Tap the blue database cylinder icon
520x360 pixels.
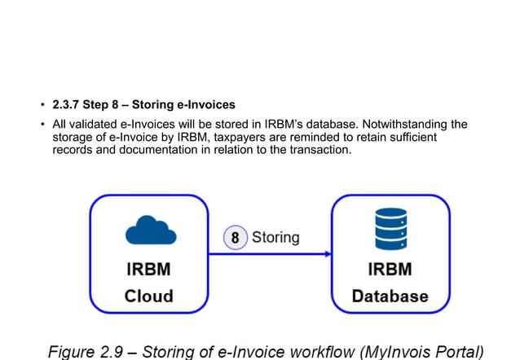tap(390, 228)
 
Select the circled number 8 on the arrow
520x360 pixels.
tap(235, 238)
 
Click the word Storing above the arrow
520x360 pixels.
tap(275, 238)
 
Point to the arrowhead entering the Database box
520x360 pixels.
tap(328, 254)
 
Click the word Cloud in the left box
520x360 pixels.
tap(148, 296)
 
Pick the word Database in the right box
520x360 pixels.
tap(390, 296)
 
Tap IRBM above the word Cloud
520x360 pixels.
tap(148, 270)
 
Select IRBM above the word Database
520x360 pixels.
tap(390, 270)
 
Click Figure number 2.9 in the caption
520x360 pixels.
tap(117, 351)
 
